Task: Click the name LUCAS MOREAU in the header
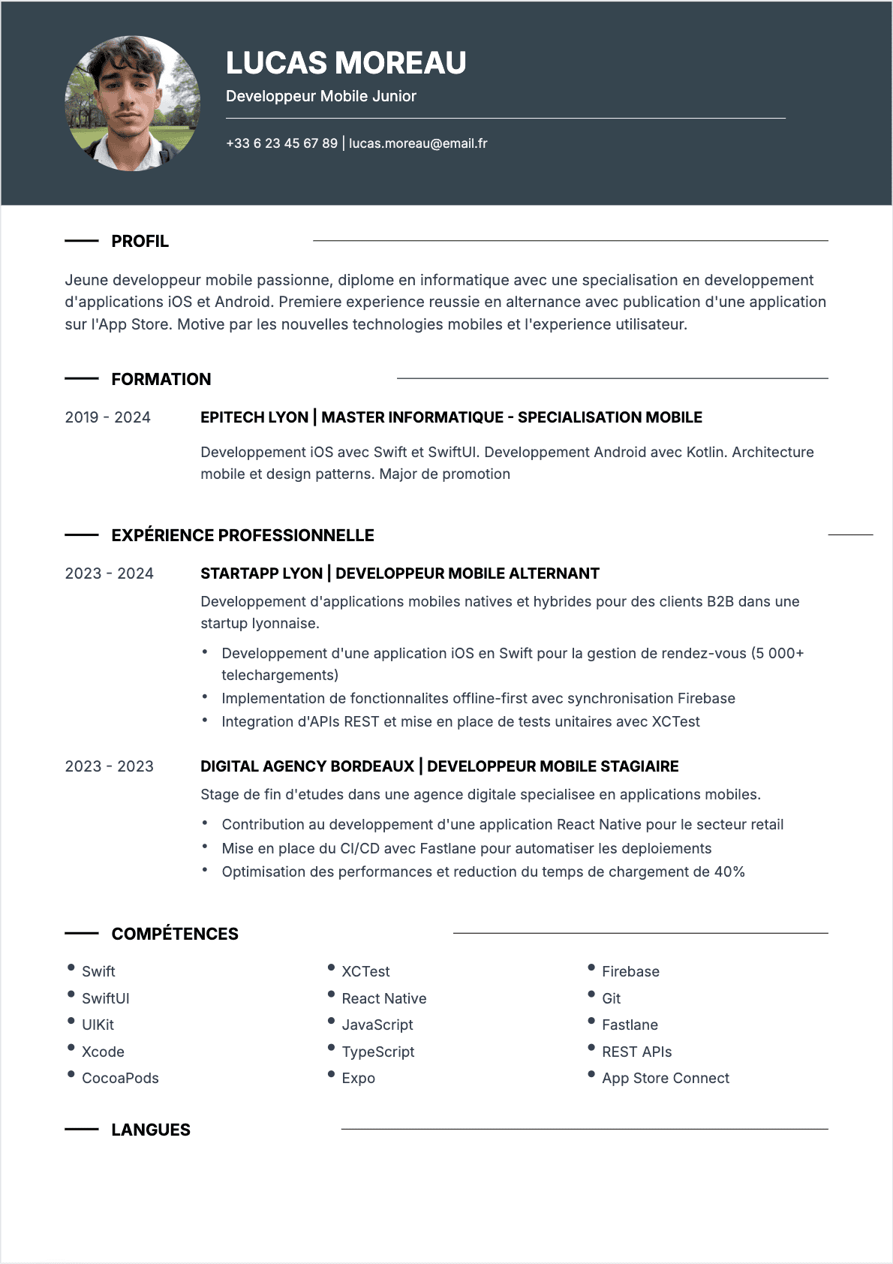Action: [x=346, y=63]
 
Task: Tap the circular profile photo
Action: [x=133, y=104]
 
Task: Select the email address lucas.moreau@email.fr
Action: [x=418, y=143]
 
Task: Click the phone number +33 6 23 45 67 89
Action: [x=281, y=143]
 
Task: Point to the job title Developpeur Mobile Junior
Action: [x=320, y=96]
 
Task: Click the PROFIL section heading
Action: [x=140, y=242]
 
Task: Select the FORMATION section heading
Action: [x=161, y=380]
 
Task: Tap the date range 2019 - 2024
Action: [x=107, y=417]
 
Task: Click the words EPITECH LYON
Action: [x=254, y=417]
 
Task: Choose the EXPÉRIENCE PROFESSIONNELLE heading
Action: [x=242, y=536]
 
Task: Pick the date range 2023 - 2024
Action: [x=109, y=573]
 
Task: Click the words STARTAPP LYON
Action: [x=261, y=573]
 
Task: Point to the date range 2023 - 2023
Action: [x=109, y=766]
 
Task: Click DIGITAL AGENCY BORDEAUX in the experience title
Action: [x=307, y=766]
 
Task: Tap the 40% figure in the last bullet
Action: [x=729, y=872]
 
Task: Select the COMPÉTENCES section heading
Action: [x=175, y=934]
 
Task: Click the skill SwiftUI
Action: [x=106, y=998]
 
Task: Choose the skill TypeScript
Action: [x=378, y=1052]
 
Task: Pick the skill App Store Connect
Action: [x=665, y=1079]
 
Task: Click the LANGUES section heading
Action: [x=151, y=1130]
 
